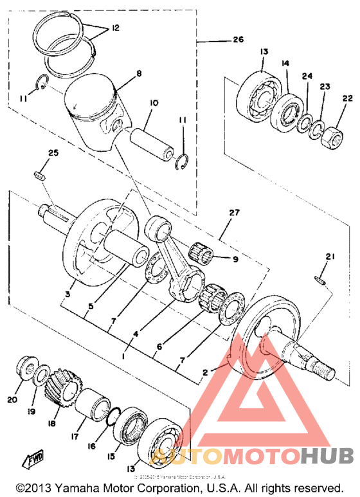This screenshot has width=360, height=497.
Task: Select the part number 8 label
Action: coord(138,75)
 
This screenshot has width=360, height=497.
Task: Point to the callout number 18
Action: coord(51,425)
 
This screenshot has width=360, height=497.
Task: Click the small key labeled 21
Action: coord(319,278)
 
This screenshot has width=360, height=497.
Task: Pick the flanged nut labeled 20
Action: coord(26,372)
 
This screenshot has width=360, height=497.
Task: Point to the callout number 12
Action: coord(115,28)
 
